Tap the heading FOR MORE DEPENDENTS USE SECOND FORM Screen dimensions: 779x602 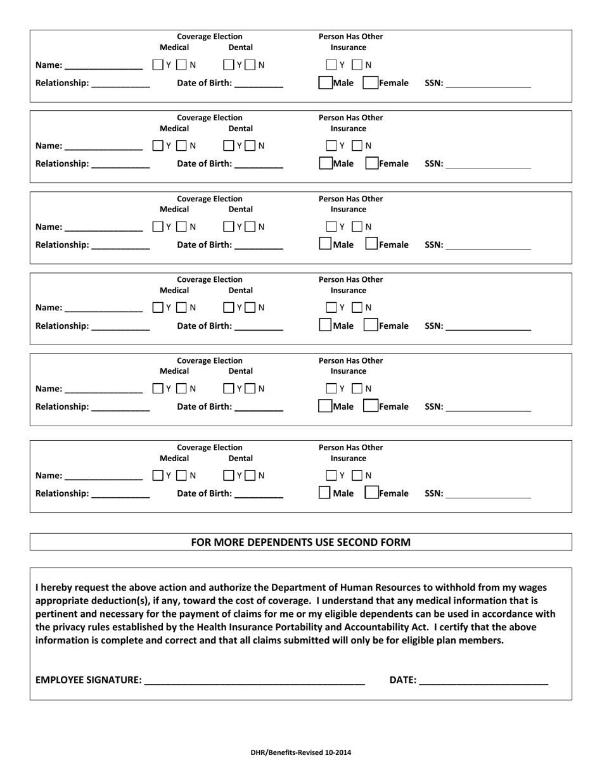click(x=301, y=542)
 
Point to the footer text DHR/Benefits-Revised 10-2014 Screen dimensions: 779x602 click(x=301, y=753)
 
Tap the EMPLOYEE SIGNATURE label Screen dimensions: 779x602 click(x=88, y=680)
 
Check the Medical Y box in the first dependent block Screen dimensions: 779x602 click(x=158, y=65)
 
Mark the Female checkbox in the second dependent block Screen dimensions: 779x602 click(x=370, y=164)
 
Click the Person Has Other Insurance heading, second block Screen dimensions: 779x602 click(x=350, y=123)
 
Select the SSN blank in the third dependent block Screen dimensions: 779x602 click(x=488, y=245)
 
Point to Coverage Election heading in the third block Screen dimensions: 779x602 click(x=209, y=198)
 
